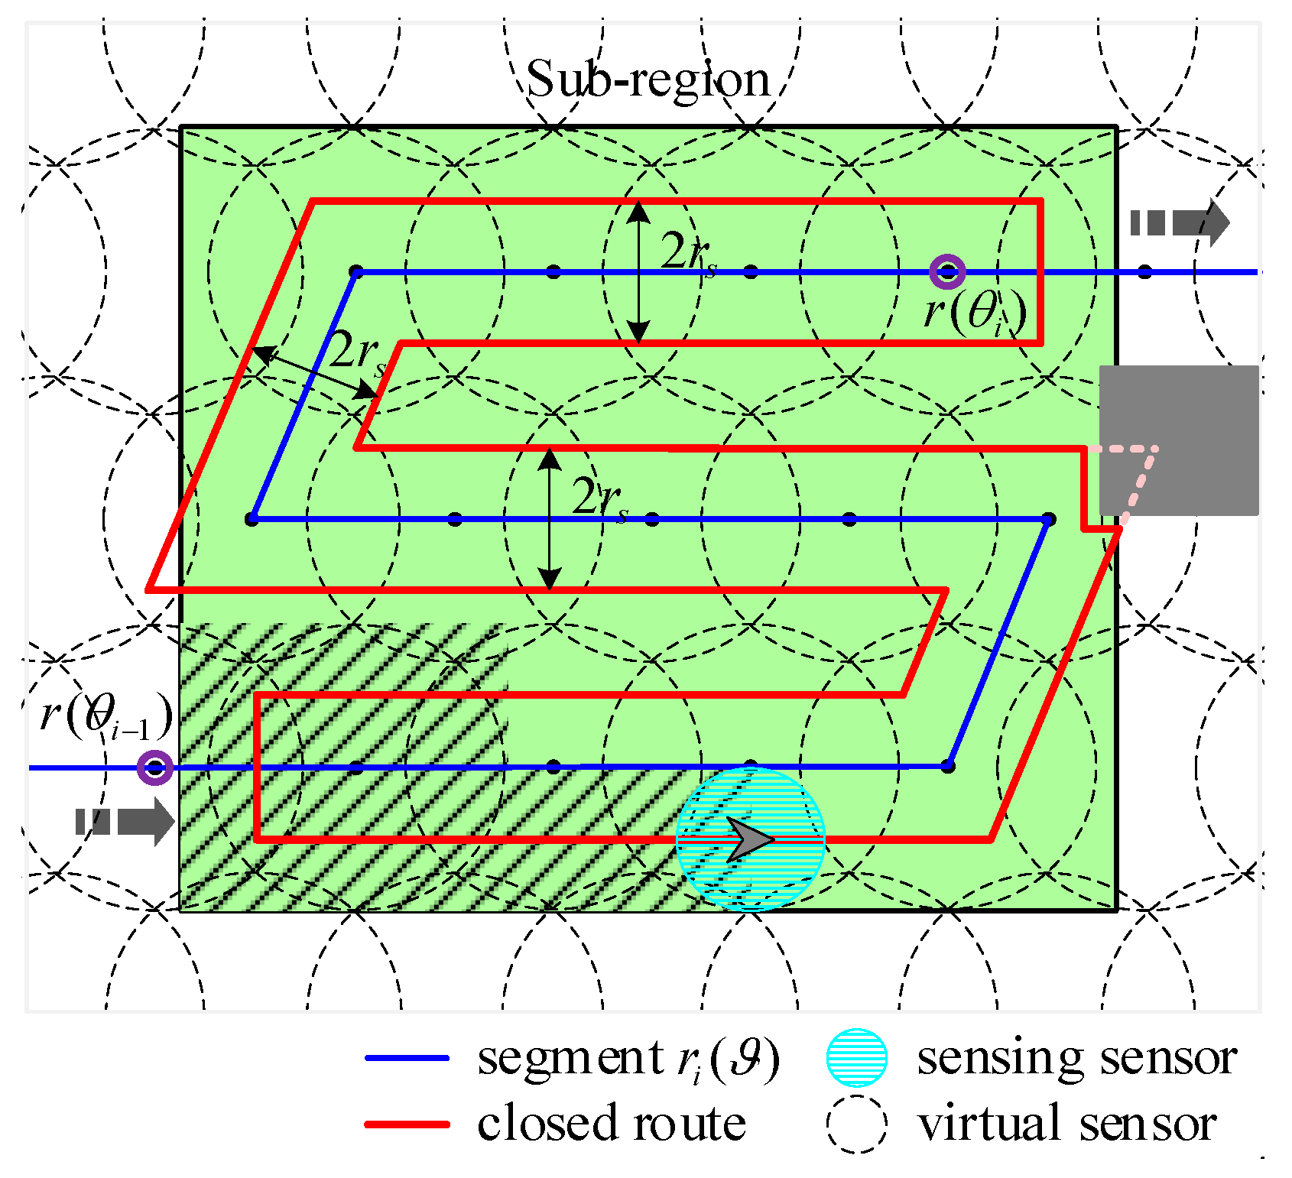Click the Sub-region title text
648,80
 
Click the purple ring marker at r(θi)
947,271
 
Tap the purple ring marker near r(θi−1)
154,767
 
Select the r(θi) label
974,312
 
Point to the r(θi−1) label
106,716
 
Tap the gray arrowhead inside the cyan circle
748,839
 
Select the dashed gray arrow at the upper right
1180,222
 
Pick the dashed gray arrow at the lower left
125,822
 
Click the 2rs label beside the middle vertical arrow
599,499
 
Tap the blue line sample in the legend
407,1058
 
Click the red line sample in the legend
407,1124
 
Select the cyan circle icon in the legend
856,1058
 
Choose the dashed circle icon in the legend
856,1124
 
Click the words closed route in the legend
612,1124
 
